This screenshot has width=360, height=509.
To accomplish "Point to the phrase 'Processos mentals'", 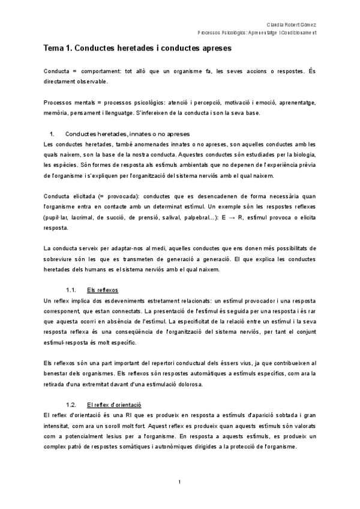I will pyautogui.click(x=68, y=102).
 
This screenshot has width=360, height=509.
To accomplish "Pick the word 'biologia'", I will pyautogui.click(x=302, y=155).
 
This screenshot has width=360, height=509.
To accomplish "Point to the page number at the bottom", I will pyautogui.click(x=180, y=482).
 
